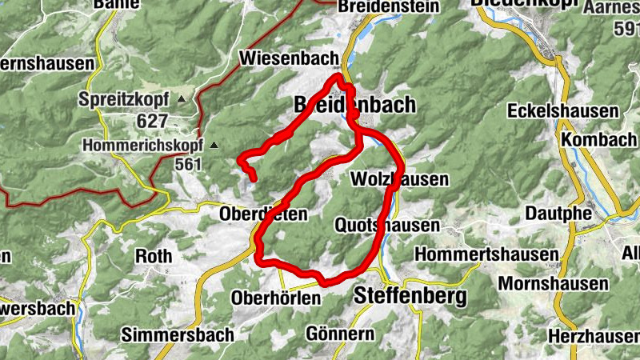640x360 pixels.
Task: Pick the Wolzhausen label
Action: tap(399, 179)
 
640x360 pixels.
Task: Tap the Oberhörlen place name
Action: tap(274, 298)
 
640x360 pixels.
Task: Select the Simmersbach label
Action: tap(178, 334)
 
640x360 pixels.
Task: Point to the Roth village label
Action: tap(154, 257)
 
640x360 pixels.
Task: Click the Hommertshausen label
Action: tap(486, 254)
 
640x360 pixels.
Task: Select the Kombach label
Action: tap(598, 139)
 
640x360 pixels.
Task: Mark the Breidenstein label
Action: tap(389, 6)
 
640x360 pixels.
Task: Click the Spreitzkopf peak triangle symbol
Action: tap(181, 99)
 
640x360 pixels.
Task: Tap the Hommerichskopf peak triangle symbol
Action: tap(213, 146)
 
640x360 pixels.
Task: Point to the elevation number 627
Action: tap(152, 120)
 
